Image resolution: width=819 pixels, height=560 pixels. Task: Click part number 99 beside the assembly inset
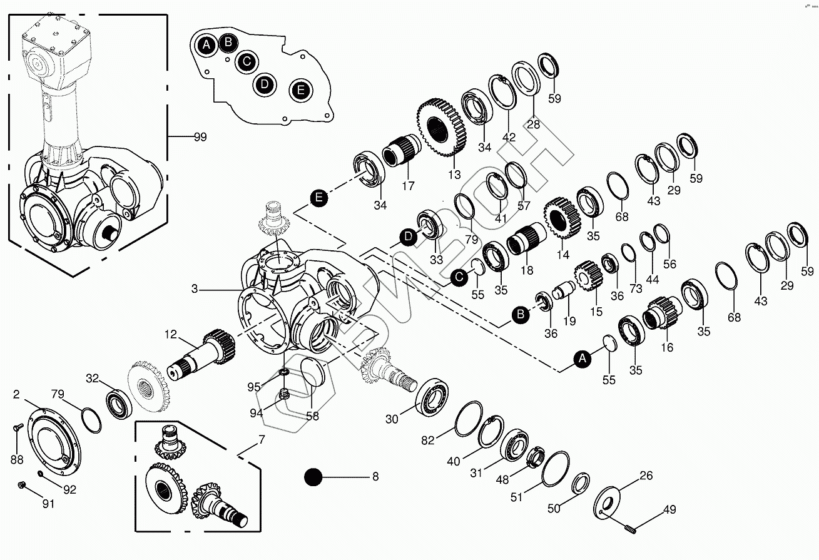click(200, 136)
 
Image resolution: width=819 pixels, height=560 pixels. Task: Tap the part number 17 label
click(409, 186)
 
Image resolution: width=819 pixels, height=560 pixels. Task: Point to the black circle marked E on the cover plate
click(300, 90)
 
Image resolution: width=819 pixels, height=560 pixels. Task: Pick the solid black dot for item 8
click(312, 477)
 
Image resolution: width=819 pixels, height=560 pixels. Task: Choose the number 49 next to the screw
click(669, 509)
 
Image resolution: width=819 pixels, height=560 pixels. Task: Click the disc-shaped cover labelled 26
click(605, 501)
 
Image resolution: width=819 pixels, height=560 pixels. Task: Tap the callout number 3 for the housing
click(195, 289)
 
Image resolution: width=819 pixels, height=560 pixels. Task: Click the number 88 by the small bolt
click(16, 459)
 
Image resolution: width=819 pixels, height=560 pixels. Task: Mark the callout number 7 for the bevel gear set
click(261, 440)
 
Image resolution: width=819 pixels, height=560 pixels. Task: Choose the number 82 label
click(427, 440)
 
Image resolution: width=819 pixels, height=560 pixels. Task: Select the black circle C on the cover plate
click(247, 61)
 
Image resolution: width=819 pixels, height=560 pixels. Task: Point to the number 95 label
click(254, 387)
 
